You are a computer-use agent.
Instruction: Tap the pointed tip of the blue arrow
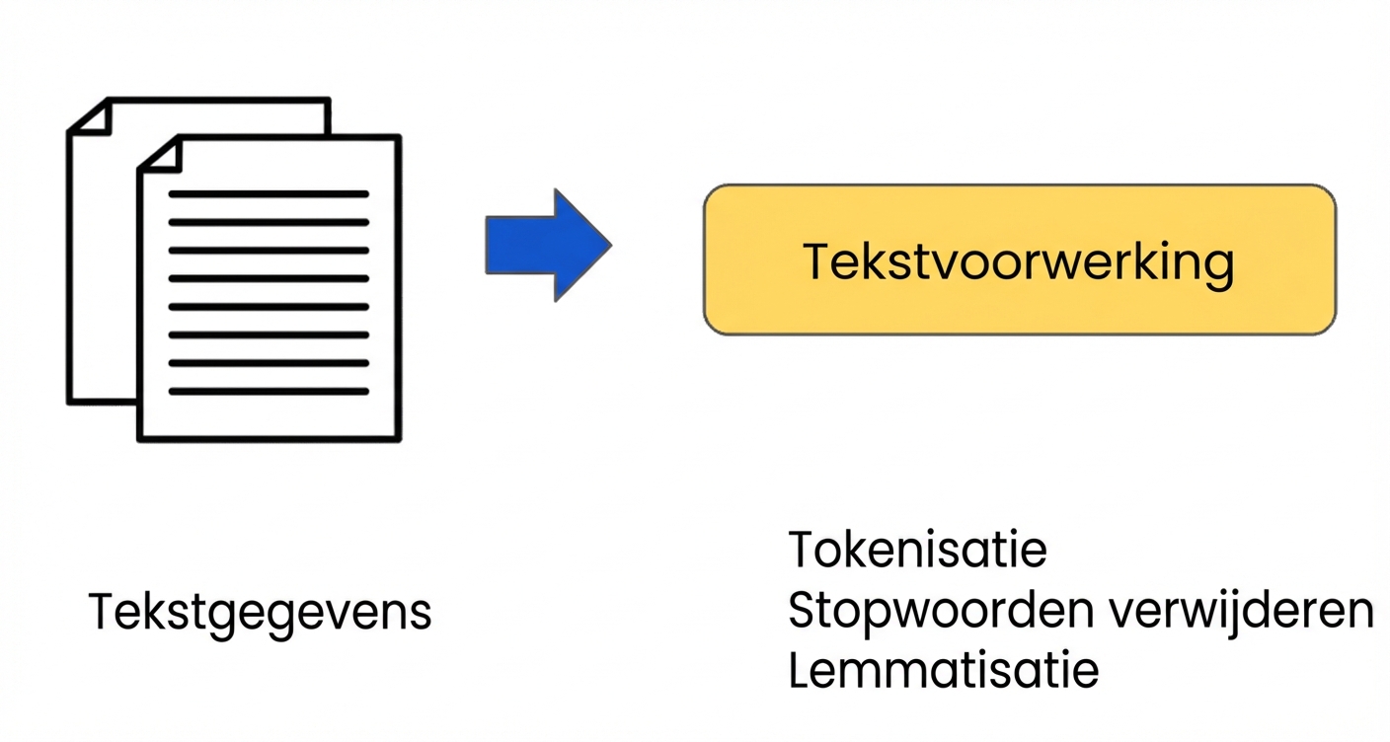pyautogui.click(x=608, y=246)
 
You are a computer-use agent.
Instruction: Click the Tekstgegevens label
pyautogui.click(x=260, y=612)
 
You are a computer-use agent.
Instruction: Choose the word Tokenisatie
pyautogui.click(x=917, y=550)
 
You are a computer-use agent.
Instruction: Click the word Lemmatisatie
pyautogui.click(x=943, y=671)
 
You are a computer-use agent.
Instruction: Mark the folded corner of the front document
pyautogui.click(x=159, y=154)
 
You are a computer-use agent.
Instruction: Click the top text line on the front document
pyautogui.click(x=269, y=194)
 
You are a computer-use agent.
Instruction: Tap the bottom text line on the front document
pyautogui.click(x=269, y=392)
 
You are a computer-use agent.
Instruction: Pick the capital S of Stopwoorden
pyautogui.click(x=803, y=612)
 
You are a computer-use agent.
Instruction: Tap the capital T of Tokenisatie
pyautogui.click(x=803, y=550)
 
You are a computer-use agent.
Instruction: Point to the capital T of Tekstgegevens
pyautogui.click(x=102, y=612)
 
